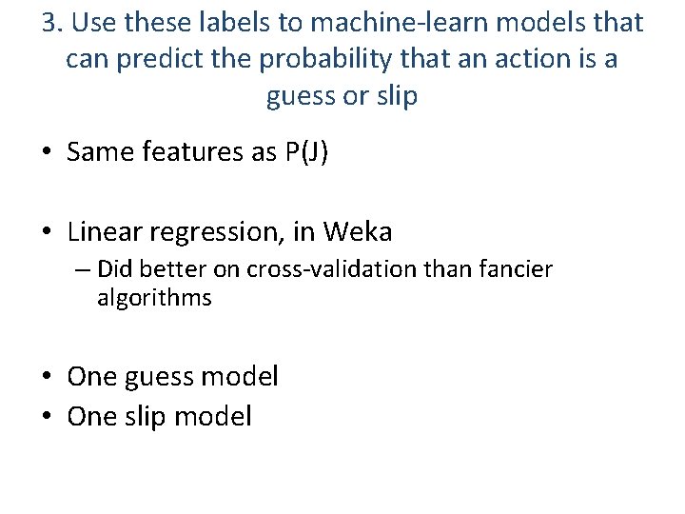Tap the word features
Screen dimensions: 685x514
click(194, 153)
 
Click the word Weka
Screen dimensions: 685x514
click(358, 231)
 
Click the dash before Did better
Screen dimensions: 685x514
click(83, 270)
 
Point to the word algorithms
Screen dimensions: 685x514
click(154, 298)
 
